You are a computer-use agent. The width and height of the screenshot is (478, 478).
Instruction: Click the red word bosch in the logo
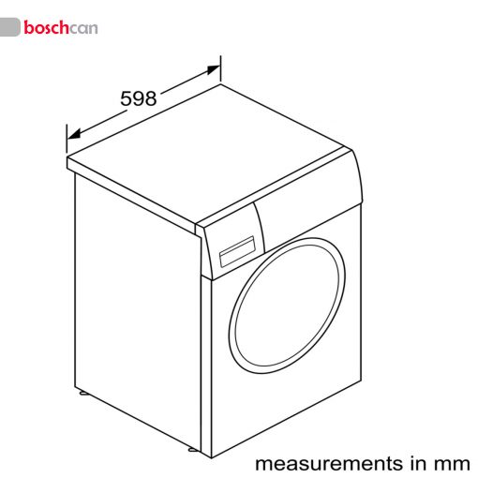46,27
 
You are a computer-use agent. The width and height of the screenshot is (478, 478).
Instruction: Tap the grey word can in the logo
83,28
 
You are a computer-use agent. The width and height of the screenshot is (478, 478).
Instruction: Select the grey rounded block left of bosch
9,27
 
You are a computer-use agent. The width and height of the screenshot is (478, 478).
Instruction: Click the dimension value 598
139,98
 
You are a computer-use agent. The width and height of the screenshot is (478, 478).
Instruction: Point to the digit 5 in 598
127,98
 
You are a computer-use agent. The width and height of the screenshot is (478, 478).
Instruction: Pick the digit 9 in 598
139,98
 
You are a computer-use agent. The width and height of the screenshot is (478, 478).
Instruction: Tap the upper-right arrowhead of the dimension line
214,69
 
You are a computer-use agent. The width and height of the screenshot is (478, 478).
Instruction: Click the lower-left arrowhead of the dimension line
74,134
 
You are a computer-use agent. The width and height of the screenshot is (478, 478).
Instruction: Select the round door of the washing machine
287,306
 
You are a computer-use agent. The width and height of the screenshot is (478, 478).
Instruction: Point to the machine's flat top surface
206,153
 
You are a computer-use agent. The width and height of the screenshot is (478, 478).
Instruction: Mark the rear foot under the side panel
83,392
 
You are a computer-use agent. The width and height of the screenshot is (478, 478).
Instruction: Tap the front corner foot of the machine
193,450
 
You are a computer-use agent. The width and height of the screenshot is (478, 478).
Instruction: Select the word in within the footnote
417,463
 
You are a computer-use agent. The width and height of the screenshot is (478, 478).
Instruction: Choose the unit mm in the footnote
451,465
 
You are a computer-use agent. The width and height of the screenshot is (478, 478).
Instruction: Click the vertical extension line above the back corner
220,69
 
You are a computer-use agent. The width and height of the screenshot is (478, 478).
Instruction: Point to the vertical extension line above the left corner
67,139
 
